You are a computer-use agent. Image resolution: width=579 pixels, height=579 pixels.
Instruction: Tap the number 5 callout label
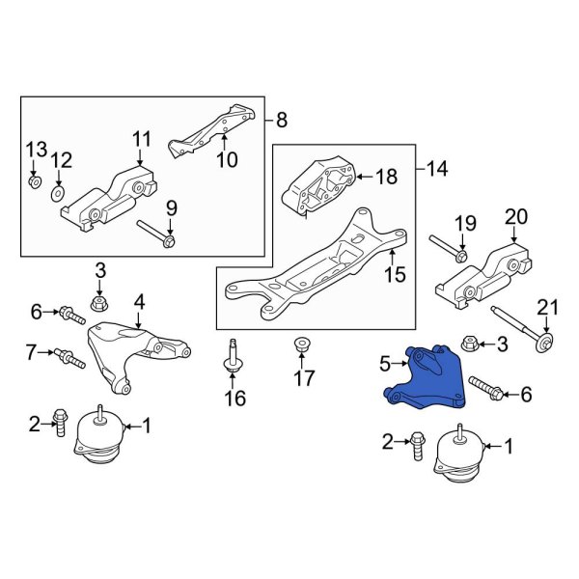(383, 364)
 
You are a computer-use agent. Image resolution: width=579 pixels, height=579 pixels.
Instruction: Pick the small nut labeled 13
(35, 181)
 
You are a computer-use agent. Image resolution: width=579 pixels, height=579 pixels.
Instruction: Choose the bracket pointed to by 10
(215, 126)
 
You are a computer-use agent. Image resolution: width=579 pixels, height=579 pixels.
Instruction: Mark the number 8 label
(281, 120)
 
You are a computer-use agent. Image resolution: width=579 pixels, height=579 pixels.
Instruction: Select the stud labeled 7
(70, 356)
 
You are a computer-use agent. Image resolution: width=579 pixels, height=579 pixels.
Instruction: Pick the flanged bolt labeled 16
(233, 357)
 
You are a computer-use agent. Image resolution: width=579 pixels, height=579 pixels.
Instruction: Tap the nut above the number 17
(300, 343)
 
